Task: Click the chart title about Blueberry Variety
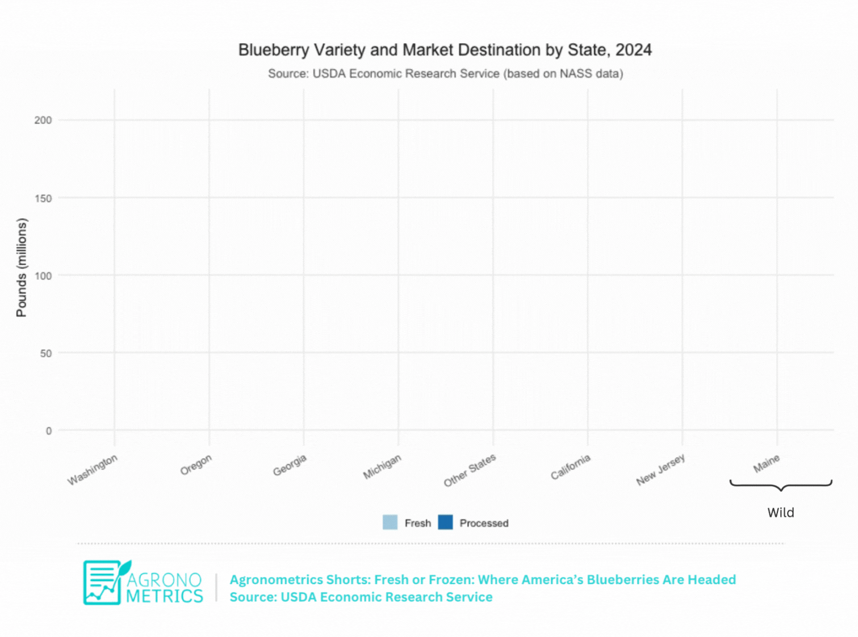pyautogui.click(x=445, y=50)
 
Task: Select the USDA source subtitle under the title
pyautogui.click(x=445, y=74)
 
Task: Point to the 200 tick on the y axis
pyautogui.click(x=43, y=120)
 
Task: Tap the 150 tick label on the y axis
pyautogui.click(x=43, y=198)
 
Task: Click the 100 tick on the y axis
pyautogui.click(x=43, y=276)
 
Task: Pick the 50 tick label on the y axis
pyautogui.click(x=45, y=353)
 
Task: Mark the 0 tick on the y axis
pyautogui.click(x=49, y=431)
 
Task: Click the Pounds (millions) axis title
pyautogui.click(x=22, y=267)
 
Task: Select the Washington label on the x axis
pyautogui.click(x=93, y=470)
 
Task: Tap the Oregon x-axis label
pyautogui.click(x=196, y=464)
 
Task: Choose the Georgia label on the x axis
pyautogui.click(x=290, y=465)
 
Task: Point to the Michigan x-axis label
pyautogui.click(x=382, y=466)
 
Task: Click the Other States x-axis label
pyautogui.click(x=470, y=470)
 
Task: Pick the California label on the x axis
pyautogui.click(x=571, y=467)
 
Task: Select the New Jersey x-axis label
pyautogui.click(x=660, y=470)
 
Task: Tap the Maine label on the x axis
pyautogui.click(x=767, y=464)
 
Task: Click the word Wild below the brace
pyautogui.click(x=781, y=513)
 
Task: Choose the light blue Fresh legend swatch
pyautogui.click(x=390, y=522)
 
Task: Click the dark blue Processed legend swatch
pyautogui.click(x=446, y=522)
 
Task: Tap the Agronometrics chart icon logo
pyautogui.click(x=105, y=582)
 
